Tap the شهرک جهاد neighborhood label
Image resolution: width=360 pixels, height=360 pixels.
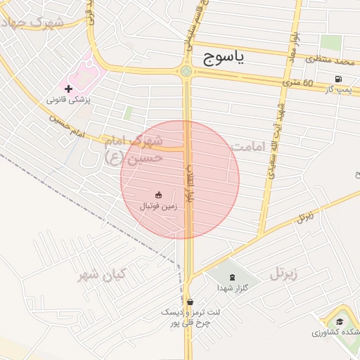pos(33,22)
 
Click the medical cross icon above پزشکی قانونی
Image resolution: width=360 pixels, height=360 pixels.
pos(68,89)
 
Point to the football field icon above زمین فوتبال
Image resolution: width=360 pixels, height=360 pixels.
pos(158,195)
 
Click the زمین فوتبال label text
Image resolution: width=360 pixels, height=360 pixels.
pos(158,206)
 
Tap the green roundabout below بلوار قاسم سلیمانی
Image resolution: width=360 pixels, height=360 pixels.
pos(186,71)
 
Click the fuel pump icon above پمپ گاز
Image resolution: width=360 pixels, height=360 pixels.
pos(340,79)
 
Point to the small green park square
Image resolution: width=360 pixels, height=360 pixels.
pos(128,112)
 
